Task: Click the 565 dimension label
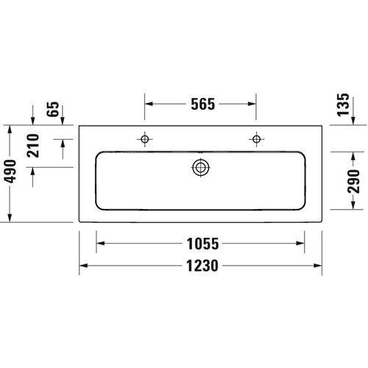click(203, 104)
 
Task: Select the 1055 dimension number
click(202, 244)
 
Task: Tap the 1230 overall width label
click(202, 266)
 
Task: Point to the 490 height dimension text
click(10, 171)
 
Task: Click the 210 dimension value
click(33, 146)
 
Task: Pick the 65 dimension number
click(53, 109)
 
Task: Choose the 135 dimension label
click(343, 105)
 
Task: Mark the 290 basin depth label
click(353, 181)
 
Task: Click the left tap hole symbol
click(145, 139)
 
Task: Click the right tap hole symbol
click(256, 139)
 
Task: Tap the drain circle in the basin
click(201, 168)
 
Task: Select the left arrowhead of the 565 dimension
click(149, 104)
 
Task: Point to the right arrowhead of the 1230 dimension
click(318, 266)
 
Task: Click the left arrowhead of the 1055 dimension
click(101, 244)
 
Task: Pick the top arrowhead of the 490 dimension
click(10, 130)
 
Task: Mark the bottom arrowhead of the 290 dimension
click(353, 205)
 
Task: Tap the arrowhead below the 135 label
click(353, 121)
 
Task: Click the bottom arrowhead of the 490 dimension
click(10, 218)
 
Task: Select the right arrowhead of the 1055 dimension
click(300, 244)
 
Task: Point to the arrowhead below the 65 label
click(63, 121)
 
